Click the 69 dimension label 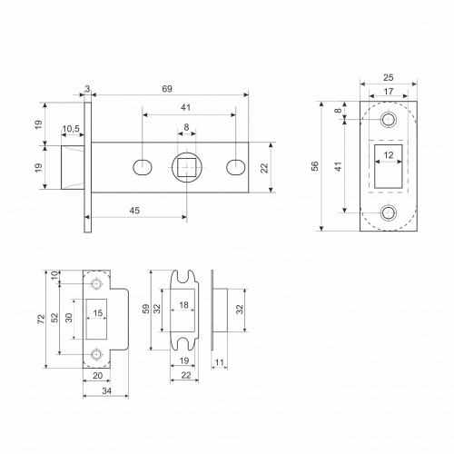[x=167, y=89]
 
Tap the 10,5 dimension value [x=71, y=129]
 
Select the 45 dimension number [x=134, y=211]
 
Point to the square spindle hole [x=187, y=167]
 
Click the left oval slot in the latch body [x=143, y=167]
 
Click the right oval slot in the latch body [x=236, y=167]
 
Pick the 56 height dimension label [x=315, y=166]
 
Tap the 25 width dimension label [x=389, y=78]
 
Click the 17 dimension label [x=389, y=91]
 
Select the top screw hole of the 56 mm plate [x=389, y=120]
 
